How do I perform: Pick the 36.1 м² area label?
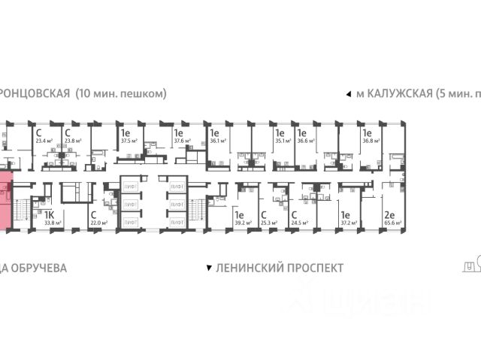(x=218, y=140)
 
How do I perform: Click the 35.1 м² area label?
(x=283, y=140)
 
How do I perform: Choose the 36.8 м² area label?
(x=371, y=140)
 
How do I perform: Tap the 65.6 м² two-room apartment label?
(x=391, y=223)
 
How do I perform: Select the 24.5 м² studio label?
(x=301, y=223)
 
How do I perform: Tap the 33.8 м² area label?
(x=53, y=223)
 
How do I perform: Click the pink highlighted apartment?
(x=6, y=200)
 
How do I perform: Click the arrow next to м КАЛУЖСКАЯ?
(x=347, y=94)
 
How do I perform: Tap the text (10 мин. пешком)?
(x=120, y=94)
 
